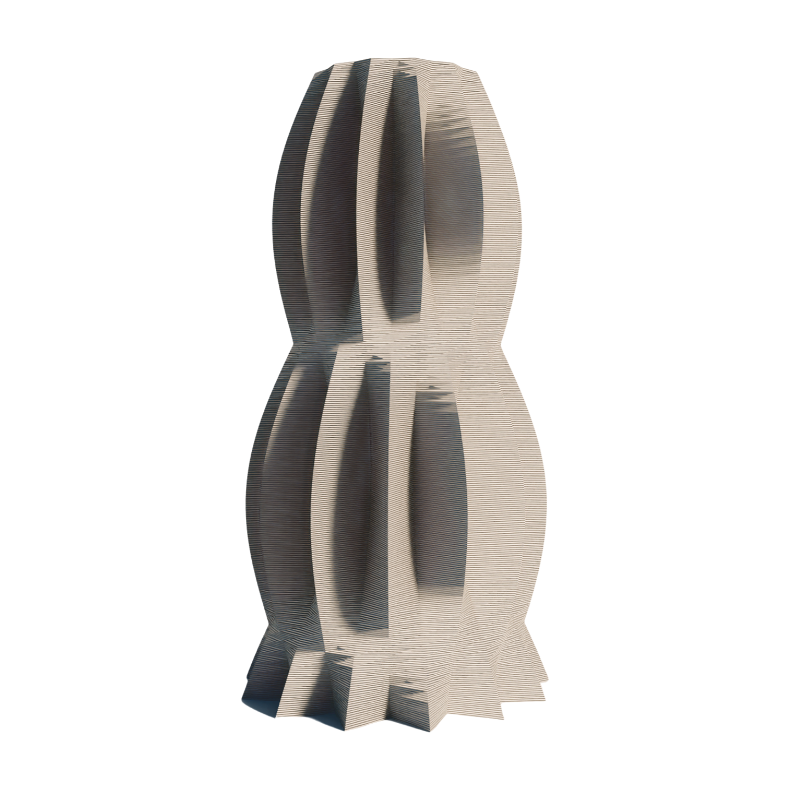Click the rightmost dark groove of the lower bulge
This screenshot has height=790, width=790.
[x=439, y=494]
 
